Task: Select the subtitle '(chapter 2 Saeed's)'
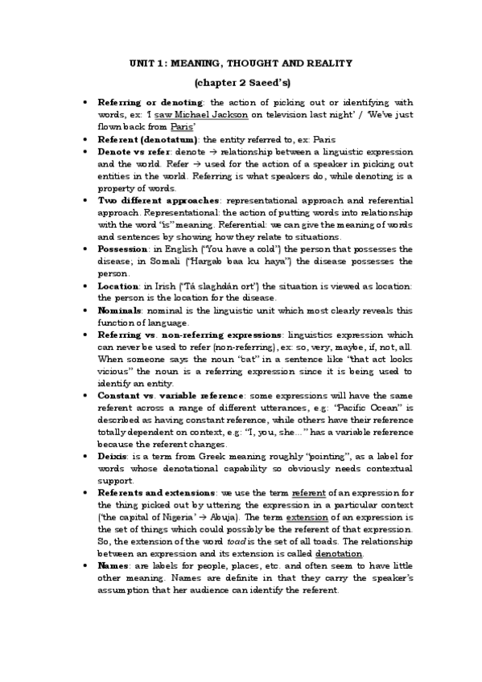(x=242, y=83)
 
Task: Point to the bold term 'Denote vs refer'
(x=134, y=150)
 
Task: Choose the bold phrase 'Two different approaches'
(x=159, y=199)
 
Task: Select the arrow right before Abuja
(x=196, y=517)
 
